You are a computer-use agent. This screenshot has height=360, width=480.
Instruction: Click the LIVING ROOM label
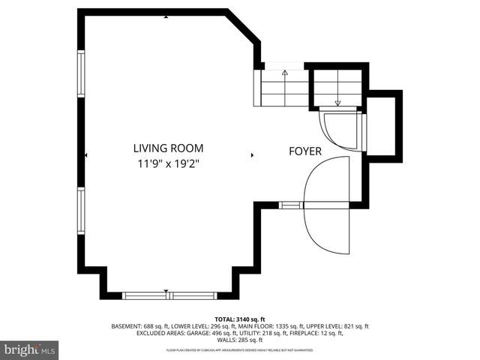[x=167, y=148]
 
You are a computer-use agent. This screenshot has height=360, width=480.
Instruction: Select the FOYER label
[x=305, y=151]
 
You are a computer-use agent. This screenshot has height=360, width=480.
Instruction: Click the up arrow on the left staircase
[x=285, y=73]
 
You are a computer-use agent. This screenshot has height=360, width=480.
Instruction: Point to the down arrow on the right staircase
[x=337, y=103]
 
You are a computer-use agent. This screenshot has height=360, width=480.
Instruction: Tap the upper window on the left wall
[x=81, y=73]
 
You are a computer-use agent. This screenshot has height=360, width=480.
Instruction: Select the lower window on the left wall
[x=81, y=211]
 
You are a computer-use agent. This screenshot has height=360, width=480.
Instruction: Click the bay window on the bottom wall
[x=169, y=295]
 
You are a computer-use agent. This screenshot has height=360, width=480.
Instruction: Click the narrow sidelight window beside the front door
[x=290, y=205]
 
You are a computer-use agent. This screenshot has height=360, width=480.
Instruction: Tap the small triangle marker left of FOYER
[x=253, y=155]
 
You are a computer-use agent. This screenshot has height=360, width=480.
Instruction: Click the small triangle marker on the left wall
[x=86, y=155]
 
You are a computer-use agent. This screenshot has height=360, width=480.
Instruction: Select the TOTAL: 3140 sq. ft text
[x=239, y=319]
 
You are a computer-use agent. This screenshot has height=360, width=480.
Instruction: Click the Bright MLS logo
[x=30, y=349]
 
